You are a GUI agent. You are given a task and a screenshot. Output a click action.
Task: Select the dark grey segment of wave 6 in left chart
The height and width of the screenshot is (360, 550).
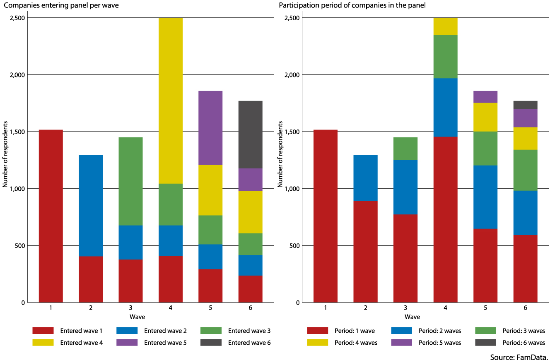tap(250, 134)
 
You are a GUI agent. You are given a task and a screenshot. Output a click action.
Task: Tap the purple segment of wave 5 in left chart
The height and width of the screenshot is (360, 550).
tap(210, 128)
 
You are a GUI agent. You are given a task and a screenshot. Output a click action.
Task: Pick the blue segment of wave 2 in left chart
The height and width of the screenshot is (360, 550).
tap(91, 206)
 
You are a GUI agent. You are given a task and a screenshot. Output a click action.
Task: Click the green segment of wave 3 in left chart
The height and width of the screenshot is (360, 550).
tap(130, 181)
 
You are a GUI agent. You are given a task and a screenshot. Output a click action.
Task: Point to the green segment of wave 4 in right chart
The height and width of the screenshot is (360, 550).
tap(445, 56)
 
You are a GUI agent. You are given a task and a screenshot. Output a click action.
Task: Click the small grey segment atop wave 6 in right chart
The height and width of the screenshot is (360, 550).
tap(525, 105)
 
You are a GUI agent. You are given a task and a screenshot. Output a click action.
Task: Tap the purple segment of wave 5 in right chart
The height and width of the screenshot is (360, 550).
tap(485, 97)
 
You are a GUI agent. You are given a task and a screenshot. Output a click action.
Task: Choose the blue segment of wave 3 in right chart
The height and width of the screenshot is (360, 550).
tap(405, 187)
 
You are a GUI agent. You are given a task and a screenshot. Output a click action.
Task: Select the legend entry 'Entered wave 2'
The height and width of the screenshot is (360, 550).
tap(165, 331)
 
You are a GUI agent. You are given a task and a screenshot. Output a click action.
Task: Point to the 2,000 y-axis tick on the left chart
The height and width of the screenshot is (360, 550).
tap(17, 75)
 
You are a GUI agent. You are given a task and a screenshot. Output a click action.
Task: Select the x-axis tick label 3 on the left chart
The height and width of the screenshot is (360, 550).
tap(130, 308)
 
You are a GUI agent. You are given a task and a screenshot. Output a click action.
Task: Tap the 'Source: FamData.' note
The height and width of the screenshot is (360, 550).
tap(519, 357)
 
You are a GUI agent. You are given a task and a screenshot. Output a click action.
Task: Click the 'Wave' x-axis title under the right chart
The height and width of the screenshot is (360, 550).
tap(412, 317)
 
